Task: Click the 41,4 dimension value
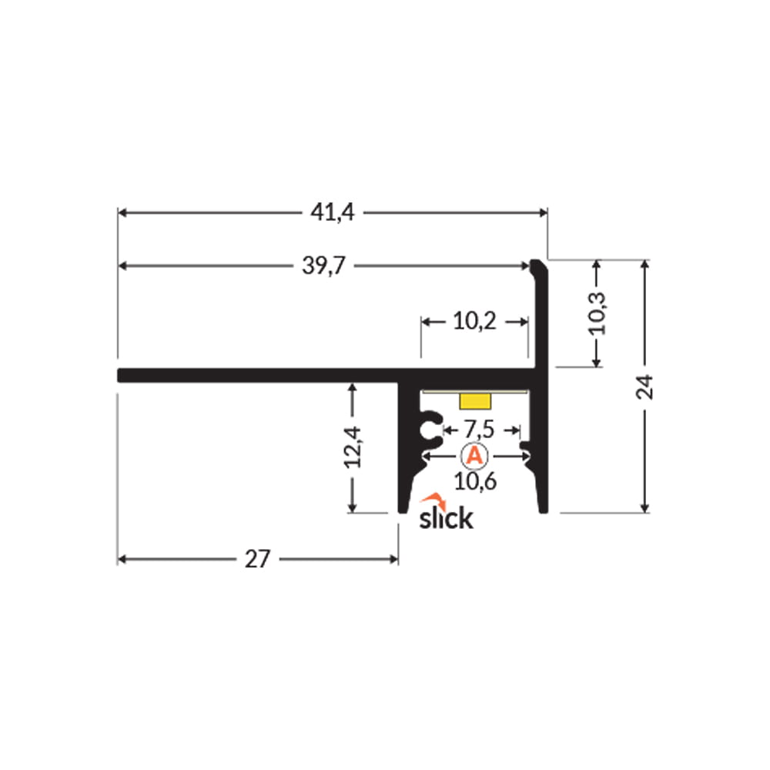pyautogui.click(x=332, y=213)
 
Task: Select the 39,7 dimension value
pyautogui.click(x=323, y=266)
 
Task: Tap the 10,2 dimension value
pyautogui.click(x=474, y=322)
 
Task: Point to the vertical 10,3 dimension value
pyautogui.click(x=598, y=313)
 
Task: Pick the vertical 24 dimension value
pyautogui.click(x=644, y=387)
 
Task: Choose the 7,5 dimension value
pyautogui.click(x=479, y=430)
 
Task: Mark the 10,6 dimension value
pyautogui.click(x=475, y=481)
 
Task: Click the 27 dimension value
pyautogui.click(x=257, y=559)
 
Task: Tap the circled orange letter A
pyautogui.click(x=474, y=456)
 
